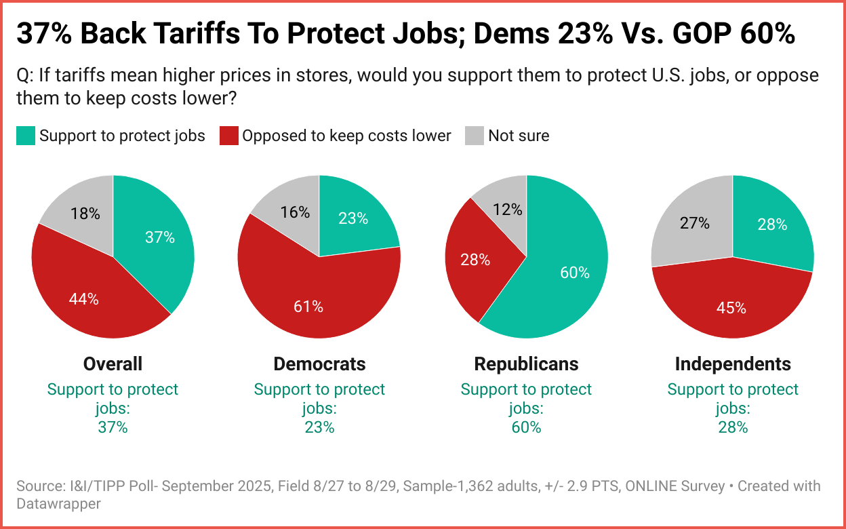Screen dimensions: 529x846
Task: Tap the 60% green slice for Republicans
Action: pos(563,271)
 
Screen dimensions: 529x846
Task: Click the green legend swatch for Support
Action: pos(25,136)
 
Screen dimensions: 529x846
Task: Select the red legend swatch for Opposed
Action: pos(228,136)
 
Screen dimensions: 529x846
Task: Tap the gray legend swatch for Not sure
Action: pos(474,136)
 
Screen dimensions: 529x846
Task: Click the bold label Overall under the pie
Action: pos(113,364)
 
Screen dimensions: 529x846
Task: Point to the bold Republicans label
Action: pos(526,364)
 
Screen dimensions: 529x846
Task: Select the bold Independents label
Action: pos(733,364)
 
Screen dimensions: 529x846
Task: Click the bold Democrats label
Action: pos(319,364)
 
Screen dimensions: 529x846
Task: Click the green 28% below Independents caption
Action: pos(733,427)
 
